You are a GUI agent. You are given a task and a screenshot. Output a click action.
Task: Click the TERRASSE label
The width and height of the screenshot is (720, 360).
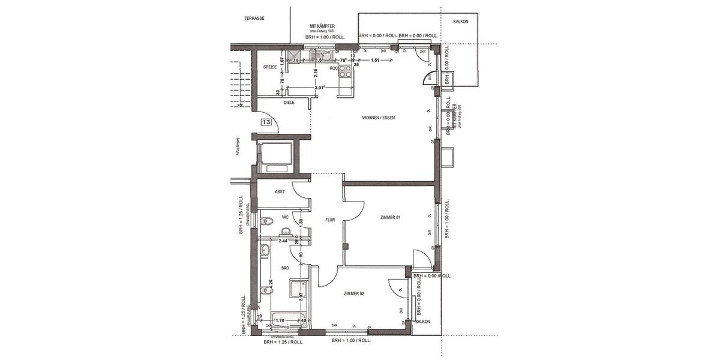click(x=254, y=19)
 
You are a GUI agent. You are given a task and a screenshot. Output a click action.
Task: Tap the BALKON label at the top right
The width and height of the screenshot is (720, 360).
click(x=461, y=22)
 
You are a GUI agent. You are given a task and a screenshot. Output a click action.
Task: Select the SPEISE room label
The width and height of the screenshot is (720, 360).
click(x=269, y=67)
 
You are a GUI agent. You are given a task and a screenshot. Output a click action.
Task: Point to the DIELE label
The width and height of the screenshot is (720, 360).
click(x=289, y=103)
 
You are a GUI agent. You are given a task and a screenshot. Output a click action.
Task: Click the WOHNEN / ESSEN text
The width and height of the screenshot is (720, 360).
click(x=378, y=118)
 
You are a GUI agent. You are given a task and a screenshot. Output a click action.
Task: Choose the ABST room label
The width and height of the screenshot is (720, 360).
click(x=280, y=192)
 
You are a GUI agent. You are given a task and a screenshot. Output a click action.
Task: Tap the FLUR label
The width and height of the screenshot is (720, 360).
click(x=330, y=220)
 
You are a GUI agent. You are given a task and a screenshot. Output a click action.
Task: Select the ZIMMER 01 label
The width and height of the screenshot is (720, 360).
click(x=390, y=217)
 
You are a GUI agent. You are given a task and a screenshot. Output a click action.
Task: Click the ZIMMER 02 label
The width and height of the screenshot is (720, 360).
click(x=354, y=293)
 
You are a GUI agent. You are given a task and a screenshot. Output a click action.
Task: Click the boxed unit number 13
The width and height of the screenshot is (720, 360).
click(x=266, y=122)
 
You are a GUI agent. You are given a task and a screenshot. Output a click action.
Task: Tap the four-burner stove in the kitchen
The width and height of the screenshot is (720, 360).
click(x=346, y=73)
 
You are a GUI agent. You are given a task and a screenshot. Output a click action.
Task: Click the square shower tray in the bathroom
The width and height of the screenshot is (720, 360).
click(x=298, y=290)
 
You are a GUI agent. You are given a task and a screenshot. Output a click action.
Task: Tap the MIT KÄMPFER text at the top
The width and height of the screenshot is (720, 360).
click(x=322, y=26)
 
